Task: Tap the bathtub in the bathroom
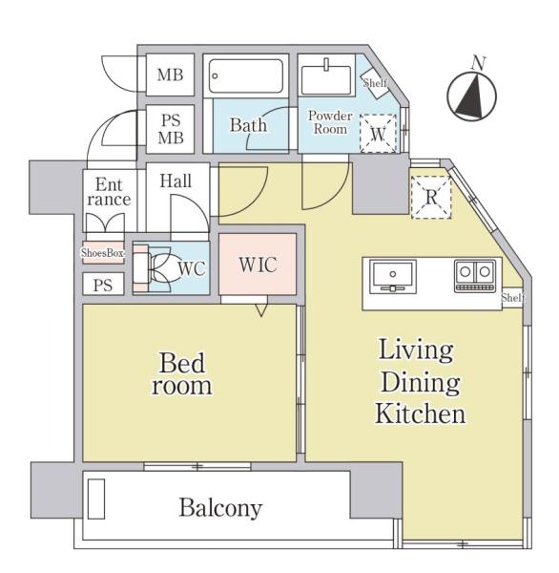(246, 76)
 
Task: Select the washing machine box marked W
(378, 134)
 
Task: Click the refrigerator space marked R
(431, 198)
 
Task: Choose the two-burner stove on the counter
(475, 276)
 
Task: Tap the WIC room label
(258, 265)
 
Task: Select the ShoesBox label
(102, 252)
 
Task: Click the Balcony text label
(220, 508)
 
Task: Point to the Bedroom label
(182, 373)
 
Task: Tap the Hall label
(176, 180)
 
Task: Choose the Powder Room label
(330, 122)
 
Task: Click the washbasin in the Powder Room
(326, 79)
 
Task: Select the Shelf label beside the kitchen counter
(513, 298)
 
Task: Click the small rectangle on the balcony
(96, 499)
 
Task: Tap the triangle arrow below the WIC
(261, 309)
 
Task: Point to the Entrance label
(109, 192)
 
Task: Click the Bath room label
(248, 125)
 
